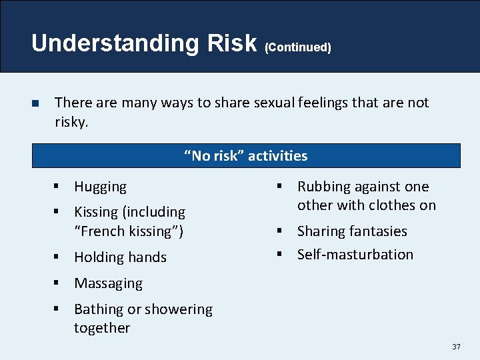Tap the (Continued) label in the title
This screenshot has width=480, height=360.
pyautogui.click(x=298, y=47)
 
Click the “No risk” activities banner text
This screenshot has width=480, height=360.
pyautogui.click(x=246, y=156)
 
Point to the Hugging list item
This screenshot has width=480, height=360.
pyautogui.click(x=100, y=187)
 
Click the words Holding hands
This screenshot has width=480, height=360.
pyautogui.click(x=120, y=257)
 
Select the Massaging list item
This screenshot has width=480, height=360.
pyautogui.click(x=108, y=283)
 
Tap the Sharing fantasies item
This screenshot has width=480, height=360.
pyautogui.click(x=351, y=231)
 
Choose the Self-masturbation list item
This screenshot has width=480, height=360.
pyautogui.click(x=355, y=255)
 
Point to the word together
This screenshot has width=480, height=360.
pyautogui.click(x=102, y=328)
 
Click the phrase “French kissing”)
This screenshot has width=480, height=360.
pyautogui.click(x=129, y=231)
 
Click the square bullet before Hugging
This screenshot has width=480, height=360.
pyautogui.click(x=59, y=187)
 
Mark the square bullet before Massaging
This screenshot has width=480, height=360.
pyautogui.click(x=59, y=283)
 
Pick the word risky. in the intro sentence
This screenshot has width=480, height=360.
pyautogui.click(x=71, y=123)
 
